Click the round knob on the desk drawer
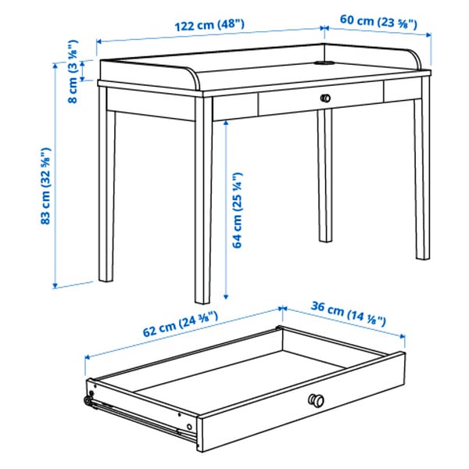pyautogui.click(x=325, y=98)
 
